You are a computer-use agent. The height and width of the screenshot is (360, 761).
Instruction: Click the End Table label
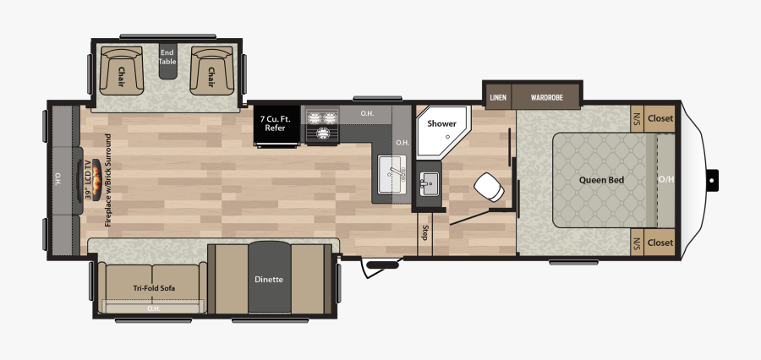[x=167, y=57]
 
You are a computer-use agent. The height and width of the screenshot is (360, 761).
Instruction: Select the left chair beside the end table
[x=121, y=70]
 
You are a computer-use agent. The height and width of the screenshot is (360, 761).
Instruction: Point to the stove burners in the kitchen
[x=320, y=126]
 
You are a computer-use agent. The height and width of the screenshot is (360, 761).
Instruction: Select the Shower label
[x=441, y=123]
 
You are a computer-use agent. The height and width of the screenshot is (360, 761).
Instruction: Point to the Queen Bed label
[x=601, y=179]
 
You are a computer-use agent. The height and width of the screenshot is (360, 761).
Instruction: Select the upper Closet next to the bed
[x=660, y=118]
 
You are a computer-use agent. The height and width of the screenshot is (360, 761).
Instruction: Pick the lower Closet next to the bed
[x=660, y=243]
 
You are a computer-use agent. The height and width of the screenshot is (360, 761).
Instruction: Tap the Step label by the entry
[x=424, y=232]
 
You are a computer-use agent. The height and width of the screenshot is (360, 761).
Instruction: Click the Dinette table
[x=269, y=279]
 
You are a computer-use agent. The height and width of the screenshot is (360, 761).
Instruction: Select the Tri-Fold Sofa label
[x=153, y=288]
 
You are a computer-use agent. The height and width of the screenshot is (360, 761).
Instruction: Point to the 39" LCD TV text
[x=89, y=179]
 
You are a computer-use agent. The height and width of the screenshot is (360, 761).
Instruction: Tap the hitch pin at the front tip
[x=713, y=179]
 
